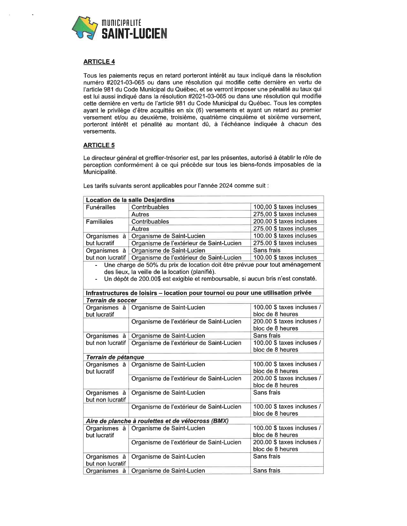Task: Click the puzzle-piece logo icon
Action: pos(85,28)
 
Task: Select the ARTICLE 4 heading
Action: pos(99,62)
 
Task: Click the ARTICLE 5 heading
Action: pos(99,145)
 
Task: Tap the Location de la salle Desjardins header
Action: pos(130,200)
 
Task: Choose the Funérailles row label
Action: pos(101,207)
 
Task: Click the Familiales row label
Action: pos(99,222)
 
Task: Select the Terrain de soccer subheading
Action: pos(111,300)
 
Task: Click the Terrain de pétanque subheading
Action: pos(115,357)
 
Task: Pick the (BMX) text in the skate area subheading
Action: pos(220,421)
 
